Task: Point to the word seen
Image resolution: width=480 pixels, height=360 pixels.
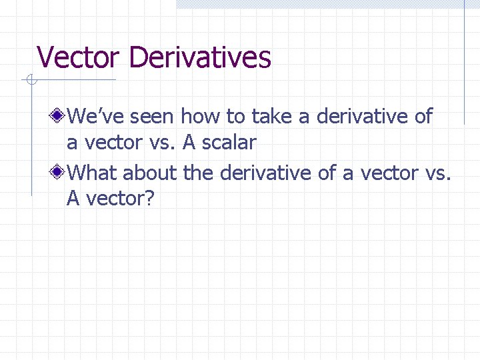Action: (x=152, y=117)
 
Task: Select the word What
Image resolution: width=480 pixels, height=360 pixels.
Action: (x=93, y=173)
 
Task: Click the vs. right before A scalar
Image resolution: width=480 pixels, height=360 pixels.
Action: (x=163, y=142)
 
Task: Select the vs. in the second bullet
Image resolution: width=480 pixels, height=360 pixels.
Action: (x=437, y=173)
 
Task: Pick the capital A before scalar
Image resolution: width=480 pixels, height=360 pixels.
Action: (x=187, y=142)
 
